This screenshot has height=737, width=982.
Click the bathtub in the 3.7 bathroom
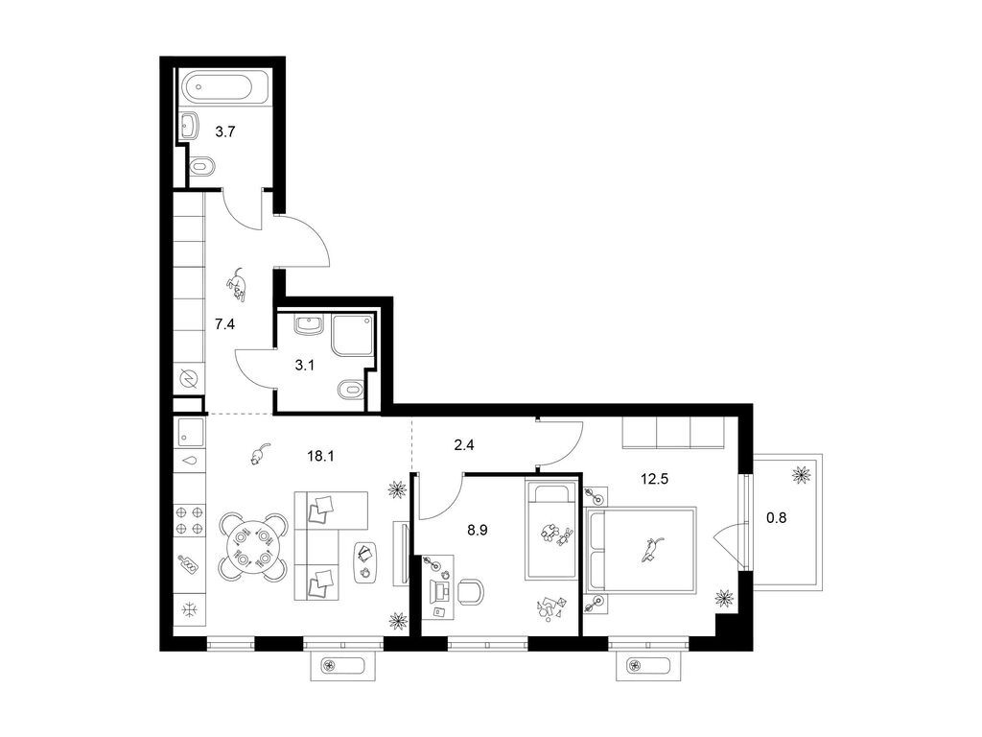click(x=224, y=85)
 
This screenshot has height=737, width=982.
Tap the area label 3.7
click(x=224, y=131)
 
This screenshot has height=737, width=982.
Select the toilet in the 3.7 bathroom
click(x=201, y=166)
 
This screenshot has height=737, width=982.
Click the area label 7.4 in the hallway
click(x=224, y=324)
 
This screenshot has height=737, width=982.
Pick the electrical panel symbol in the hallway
click(x=188, y=378)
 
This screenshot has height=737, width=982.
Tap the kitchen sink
click(x=191, y=433)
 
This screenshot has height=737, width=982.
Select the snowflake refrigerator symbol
click(x=188, y=609)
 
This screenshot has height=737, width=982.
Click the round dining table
click(x=253, y=547)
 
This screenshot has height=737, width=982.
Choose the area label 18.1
click(x=320, y=456)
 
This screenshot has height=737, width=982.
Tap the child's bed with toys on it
click(x=550, y=530)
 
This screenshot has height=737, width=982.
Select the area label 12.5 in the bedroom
click(x=654, y=480)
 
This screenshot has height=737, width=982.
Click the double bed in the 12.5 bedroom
click(x=641, y=550)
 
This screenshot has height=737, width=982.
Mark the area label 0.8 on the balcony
click(x=776, y=517)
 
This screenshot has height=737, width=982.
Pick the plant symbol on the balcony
click(x=801, y=474)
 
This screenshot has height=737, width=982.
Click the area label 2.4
click(x=464, y=445)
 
